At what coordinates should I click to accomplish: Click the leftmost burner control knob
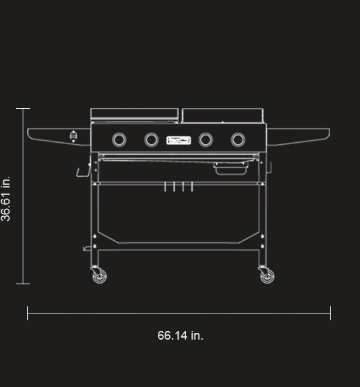coord(119,139)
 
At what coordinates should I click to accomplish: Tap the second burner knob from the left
coord(151,139)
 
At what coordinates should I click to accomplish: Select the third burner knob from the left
coord(206,139)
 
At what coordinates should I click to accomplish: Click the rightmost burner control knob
coord(238,139)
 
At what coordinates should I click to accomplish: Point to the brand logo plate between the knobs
coord(179,139)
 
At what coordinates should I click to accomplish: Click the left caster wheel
coord(98,275)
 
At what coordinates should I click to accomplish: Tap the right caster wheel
coord(267,275)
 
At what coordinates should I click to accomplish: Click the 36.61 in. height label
coord(6,198)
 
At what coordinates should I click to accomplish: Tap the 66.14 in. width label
coord(180,336)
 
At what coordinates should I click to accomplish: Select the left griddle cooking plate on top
coord(134,114)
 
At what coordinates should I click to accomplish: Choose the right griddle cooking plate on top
coord(223,115)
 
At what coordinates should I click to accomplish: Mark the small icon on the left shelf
coord(73,137)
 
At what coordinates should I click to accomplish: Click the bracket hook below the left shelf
coord(83,171)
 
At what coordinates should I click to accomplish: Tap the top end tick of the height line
coord(23,108)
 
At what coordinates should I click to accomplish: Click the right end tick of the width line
coord(330,313)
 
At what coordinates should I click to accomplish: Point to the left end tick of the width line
coord(27,313)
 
